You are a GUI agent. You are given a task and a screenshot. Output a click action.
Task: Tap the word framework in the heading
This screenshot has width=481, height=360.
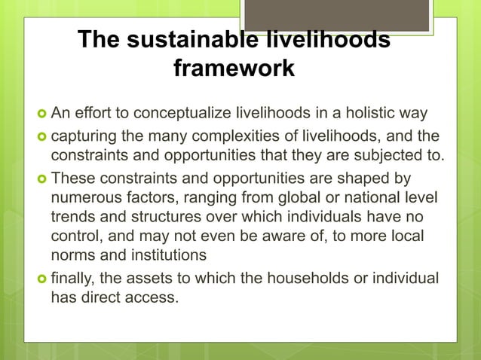(234, 69)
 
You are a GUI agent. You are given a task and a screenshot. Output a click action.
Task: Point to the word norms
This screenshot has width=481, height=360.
(72, 255)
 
